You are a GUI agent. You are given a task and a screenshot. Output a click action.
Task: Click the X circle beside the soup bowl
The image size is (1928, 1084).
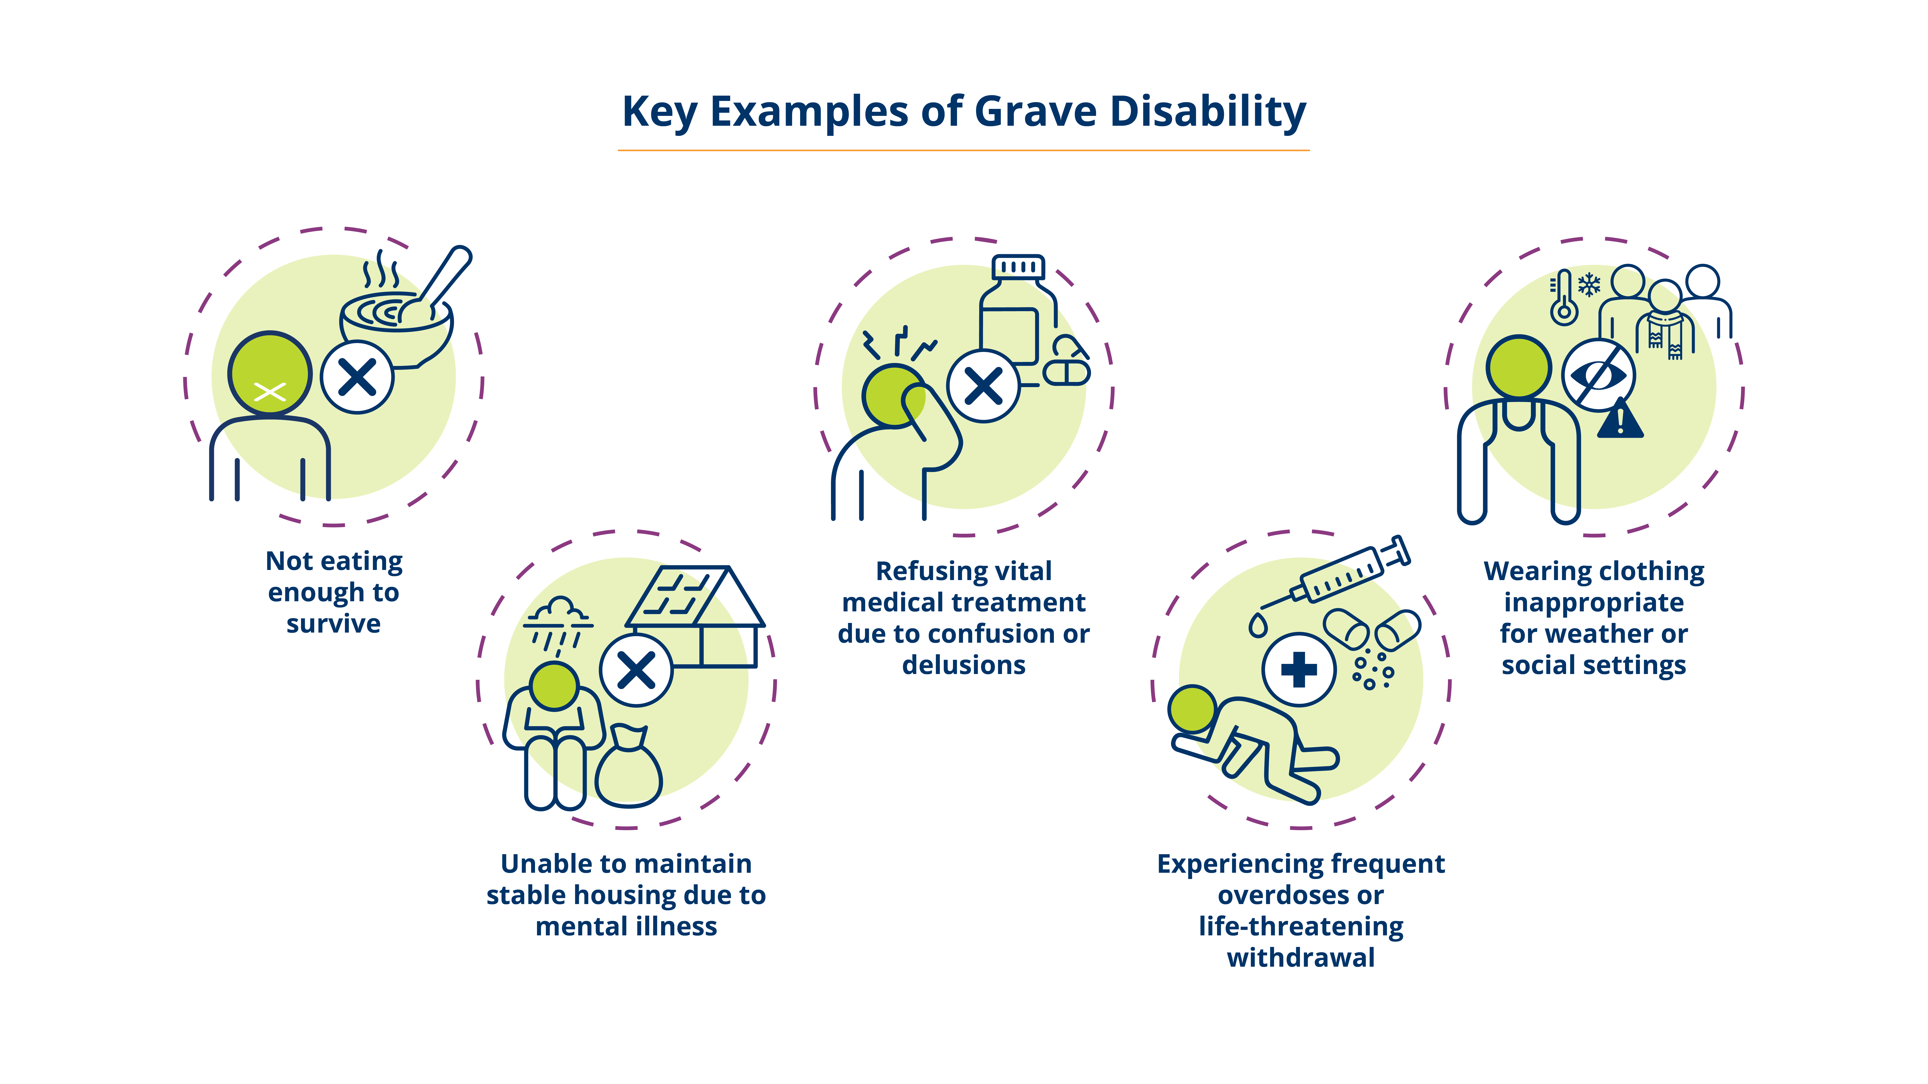(x=358, y=377)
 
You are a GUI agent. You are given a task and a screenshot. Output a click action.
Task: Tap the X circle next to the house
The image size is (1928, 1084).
(x=636, y=670)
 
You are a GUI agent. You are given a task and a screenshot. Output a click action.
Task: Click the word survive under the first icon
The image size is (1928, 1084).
(x=334, y=623)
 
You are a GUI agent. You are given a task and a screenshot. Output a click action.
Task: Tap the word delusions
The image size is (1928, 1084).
(x=964, y=664)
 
